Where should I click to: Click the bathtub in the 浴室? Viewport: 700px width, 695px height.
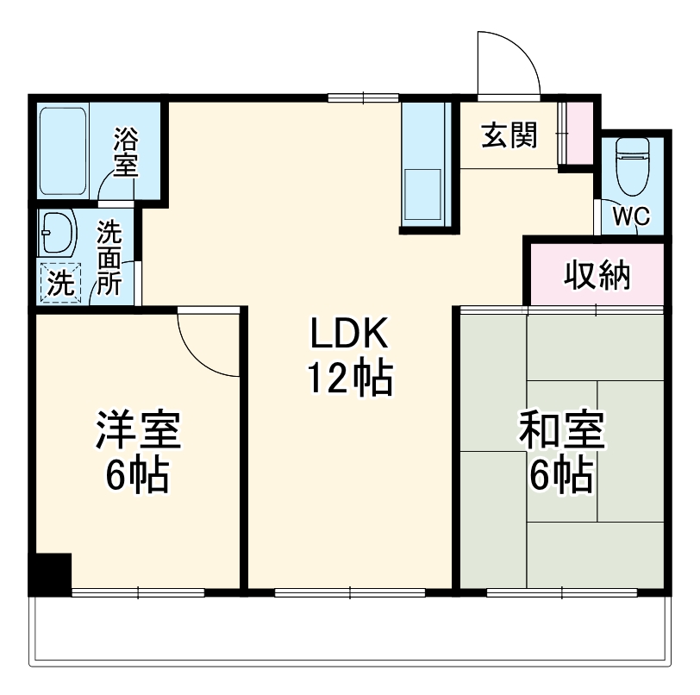click(x=65, y=152)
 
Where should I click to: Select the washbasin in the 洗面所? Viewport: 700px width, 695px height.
click(x=58, y=230)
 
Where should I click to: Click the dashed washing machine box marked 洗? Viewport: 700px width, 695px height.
click(x=59, y=282)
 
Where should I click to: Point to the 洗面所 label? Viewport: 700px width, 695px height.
click(x=109, y=258)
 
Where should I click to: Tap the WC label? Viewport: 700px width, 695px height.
click(x=631, y=216)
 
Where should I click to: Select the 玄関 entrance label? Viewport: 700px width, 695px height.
click(x=509, y=135)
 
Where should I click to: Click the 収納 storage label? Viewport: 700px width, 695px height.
click(x=597, y=275)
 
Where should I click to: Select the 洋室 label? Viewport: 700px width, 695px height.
click(x=138, y=431)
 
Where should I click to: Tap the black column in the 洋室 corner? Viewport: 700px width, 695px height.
click(x=50, y=572)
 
